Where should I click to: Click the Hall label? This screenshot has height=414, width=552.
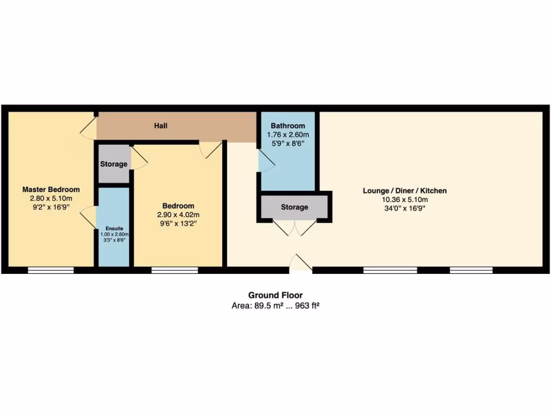click(161, 126)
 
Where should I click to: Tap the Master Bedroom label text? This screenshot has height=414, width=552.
click(51, 190)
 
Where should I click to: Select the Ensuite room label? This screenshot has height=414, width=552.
click(114, 229)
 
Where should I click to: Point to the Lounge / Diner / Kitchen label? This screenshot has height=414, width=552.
click(404, 191)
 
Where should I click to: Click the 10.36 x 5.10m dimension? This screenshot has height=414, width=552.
click(404, 199)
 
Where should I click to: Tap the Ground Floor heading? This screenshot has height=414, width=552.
click(275, 295)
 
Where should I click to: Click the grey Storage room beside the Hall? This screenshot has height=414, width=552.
click(114, 164)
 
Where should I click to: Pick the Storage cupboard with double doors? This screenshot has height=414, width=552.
click(294, 207)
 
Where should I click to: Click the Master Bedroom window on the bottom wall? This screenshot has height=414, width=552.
click(51, 270)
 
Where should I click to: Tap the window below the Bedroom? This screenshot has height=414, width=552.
click(175, 270)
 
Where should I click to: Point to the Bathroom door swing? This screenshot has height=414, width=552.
click(266, 161)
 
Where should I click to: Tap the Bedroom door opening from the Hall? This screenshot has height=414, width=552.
click(210, 149)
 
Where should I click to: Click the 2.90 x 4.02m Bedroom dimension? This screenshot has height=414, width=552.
click(178, 215)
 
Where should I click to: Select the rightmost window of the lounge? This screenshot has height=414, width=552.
click(471, 270)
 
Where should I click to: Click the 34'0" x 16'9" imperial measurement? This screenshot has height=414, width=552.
click(404, 208)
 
